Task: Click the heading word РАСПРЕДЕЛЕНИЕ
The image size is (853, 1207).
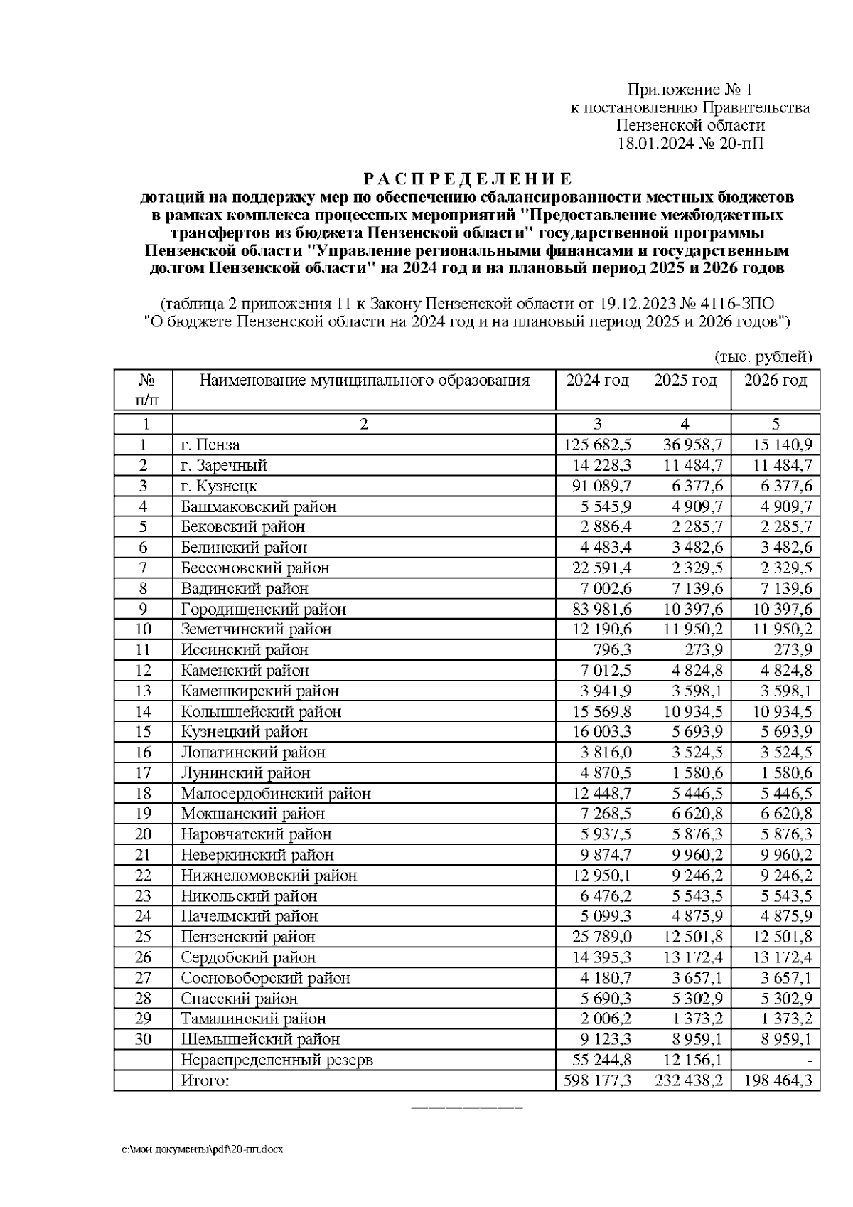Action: (x=468, y=178)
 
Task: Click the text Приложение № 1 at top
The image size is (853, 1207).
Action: (x=689, y=90)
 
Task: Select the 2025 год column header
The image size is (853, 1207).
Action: (x=685, y=381)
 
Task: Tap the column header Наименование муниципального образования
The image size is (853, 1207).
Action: (x=364, y=381)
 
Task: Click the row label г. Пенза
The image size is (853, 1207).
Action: (x=210, y=445)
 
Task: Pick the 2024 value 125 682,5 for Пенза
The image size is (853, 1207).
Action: (x=597, y=445)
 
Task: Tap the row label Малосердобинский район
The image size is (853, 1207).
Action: (x=276, y=794)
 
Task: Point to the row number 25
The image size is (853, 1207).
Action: (x=144, y=937)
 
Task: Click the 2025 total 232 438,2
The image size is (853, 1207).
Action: (x=685, y=1081)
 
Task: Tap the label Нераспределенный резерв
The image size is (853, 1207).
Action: (x=277, y=1060)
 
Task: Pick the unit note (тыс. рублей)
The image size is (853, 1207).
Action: (x=762, y=357)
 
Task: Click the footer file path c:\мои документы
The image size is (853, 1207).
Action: (x=202, y=1149)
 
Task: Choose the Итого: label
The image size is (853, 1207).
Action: (x=205, y=1081)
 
